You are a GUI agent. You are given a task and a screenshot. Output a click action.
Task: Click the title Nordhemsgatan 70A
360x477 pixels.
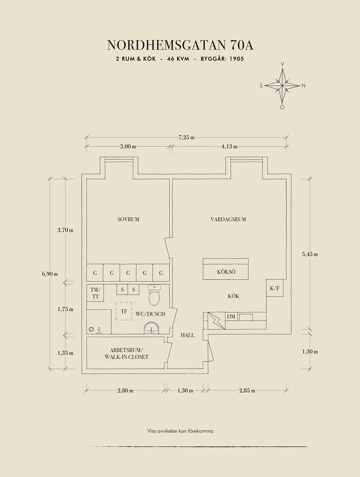coord(180,45)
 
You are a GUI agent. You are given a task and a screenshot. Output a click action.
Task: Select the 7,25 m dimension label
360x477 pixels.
coord(186,137)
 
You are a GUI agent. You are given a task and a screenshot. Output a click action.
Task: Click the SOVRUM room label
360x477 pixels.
coord(128,219)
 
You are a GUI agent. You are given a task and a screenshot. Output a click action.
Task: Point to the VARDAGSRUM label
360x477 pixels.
coord(228,219)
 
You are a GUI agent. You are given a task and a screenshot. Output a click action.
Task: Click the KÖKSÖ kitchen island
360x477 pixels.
coord(226,269)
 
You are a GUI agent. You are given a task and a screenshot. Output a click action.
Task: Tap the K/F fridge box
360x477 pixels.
coord(275,288)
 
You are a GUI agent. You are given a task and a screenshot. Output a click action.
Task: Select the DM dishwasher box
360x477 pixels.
coord(231,317)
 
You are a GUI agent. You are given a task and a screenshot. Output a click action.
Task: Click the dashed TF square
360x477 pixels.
coord(124,311)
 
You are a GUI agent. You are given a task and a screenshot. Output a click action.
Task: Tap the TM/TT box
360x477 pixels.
coord(95,293)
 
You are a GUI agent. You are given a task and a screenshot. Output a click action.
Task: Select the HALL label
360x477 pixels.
coord(188,335)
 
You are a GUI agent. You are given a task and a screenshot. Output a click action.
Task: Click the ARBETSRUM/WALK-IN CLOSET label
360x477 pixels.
coord(126,353)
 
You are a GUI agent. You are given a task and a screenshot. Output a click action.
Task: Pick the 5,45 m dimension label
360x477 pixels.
coord(310,254)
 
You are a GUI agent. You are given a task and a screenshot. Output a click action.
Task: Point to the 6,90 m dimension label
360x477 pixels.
coord(50,274)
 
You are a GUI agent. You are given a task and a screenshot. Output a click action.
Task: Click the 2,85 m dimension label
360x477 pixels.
coord(247,391)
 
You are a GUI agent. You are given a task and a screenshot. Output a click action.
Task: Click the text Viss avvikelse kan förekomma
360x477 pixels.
coord(180,431)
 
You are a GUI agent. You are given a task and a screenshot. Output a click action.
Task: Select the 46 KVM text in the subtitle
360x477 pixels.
coord(178,59)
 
